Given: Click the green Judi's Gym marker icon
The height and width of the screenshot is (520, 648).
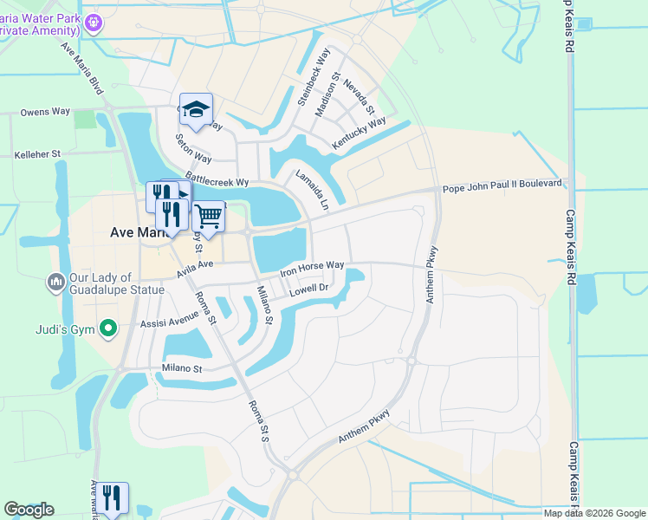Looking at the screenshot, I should [x=107, y=328].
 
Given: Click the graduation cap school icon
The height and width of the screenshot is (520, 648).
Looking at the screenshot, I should [x=197, y=109].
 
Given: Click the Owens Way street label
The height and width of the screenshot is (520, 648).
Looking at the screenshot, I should [x=45, y=112].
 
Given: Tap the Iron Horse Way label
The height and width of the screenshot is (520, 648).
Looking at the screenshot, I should [x=312, y=270].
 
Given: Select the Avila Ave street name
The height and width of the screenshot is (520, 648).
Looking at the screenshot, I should [x=194, y=265].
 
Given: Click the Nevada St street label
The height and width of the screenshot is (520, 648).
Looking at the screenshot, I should [x=358, y=97].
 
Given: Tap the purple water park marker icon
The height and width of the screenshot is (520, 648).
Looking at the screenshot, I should [x=94, y=23].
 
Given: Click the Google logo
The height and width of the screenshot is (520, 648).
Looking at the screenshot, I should [x=29, y=510].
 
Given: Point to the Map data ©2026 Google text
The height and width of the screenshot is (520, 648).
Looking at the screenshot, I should [x=594, y=513].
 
